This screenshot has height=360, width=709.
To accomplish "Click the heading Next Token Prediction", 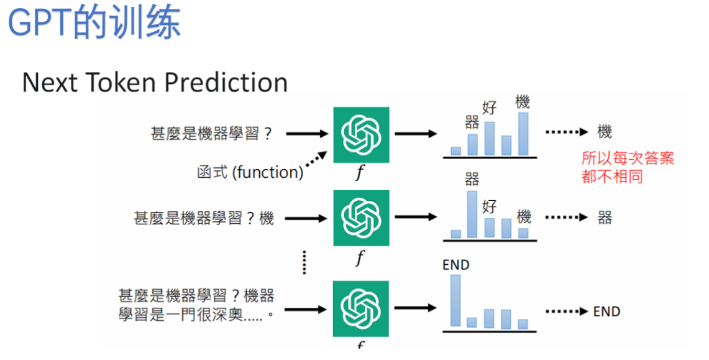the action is pos(155,83).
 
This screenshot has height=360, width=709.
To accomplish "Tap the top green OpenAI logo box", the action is pos(361,134).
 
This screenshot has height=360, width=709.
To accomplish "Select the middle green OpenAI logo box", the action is pos(361,218).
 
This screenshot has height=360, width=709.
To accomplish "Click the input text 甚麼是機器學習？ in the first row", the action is pos(211,133).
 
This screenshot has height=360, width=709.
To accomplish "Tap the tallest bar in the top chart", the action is pos(523,133).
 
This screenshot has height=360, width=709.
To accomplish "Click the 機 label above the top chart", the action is pos(523,101).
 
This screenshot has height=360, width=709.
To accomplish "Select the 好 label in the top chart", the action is pos(490,108).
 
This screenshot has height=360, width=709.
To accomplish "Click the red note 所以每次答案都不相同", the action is pos(627,167).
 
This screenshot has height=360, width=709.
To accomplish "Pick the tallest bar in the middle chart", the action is pos(472,214).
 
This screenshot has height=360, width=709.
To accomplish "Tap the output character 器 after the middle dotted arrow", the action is pos(605,218).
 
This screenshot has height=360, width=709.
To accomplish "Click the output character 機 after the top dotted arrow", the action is pos(604,132).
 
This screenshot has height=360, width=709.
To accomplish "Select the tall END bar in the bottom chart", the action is pos(455,300).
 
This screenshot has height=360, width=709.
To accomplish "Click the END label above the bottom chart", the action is pos(455,265).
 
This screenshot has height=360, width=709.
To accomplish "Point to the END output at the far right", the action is pos(606,312).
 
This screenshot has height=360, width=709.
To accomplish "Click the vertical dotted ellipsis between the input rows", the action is pos(304,262).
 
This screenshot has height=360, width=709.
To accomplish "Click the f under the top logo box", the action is pos(360,172).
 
